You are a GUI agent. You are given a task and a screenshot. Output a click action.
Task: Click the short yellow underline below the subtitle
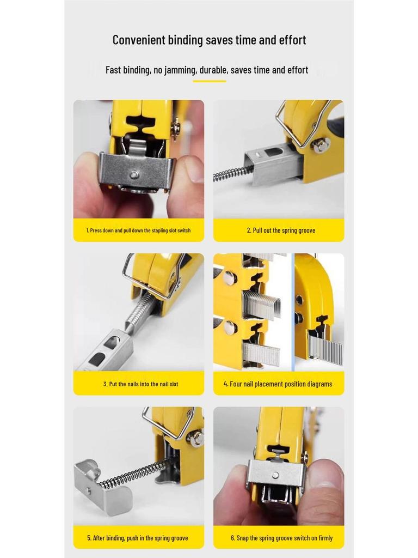tap(209, 81)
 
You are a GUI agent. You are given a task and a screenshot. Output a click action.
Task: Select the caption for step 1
tap(138, 231)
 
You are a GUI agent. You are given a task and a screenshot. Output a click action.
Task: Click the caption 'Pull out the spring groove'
tap(281, 231)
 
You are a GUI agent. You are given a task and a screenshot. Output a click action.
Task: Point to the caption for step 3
tap(140, 384)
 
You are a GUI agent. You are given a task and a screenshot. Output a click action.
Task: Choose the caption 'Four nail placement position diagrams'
tap(278, 384)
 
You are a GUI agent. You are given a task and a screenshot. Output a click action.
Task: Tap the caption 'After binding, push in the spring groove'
tap(138, 538)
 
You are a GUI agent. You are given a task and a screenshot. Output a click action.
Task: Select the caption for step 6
tap(281, 538)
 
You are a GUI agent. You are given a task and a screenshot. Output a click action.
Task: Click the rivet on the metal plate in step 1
tap(133, 175)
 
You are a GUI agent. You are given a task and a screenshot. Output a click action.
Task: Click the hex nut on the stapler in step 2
tap(321, 145)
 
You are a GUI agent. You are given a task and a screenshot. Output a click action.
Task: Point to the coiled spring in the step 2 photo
tap(233, 174)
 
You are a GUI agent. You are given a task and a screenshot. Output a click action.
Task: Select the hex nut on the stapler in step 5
tap(196, 437)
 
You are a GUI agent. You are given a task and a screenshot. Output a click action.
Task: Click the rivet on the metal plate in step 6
tap(275, 475)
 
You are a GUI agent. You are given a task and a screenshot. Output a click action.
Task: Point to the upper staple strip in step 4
tap(261, 304)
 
